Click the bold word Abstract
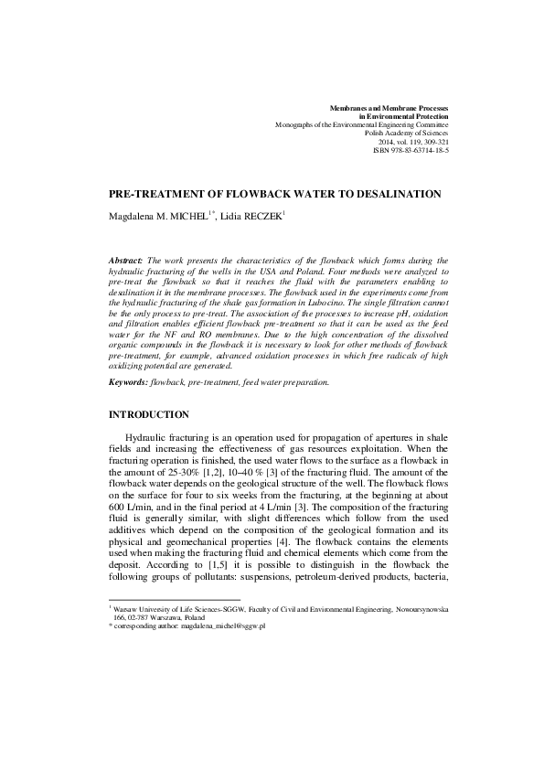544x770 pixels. [125, 260]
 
